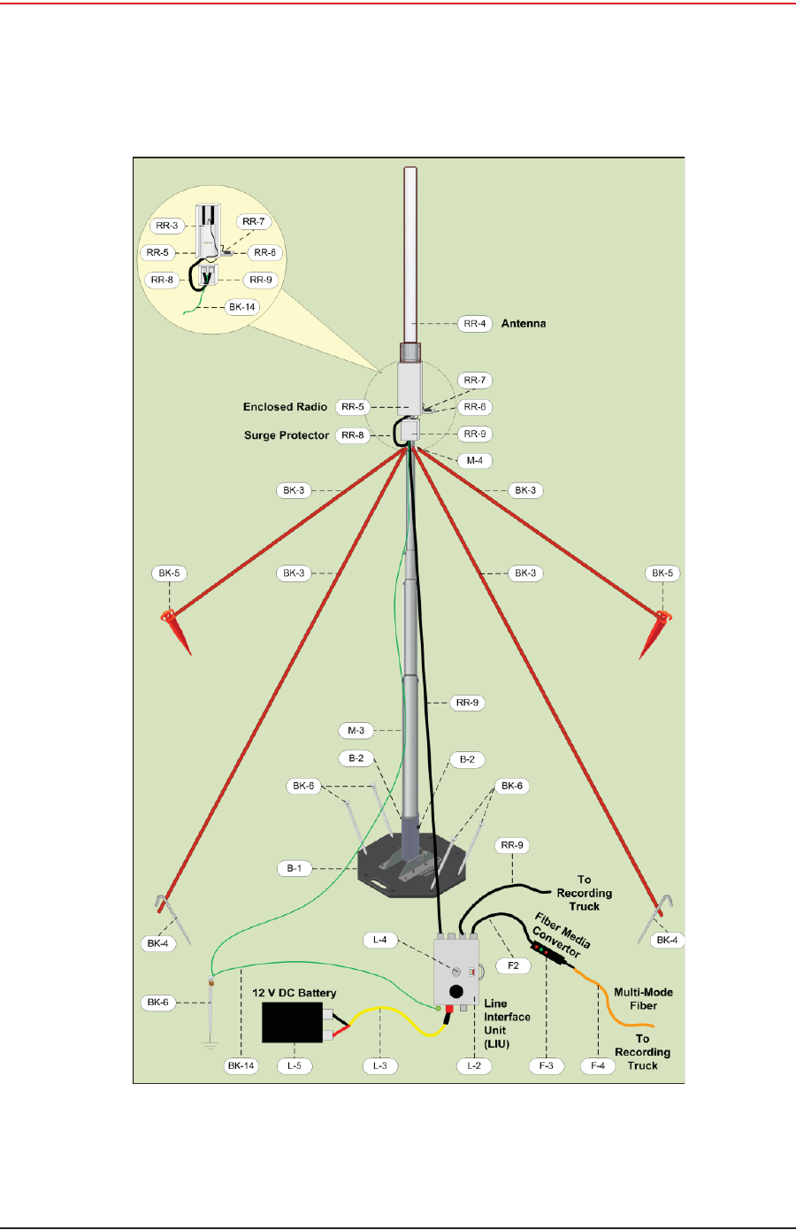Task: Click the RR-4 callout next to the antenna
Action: point(475,324)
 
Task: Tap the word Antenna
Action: point(524,324)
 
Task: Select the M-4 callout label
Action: point(475,460)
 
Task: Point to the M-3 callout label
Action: point(356,731)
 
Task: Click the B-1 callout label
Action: point(295,868)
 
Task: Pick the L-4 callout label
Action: point(380,940)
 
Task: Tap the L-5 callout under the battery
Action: point(295,1065)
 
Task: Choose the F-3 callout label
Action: point(547,1065)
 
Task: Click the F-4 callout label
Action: point(598,1065)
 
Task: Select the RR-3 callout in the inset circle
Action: point(167,226)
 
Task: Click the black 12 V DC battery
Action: point(292,1023)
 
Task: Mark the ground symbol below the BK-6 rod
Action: point(210,1045)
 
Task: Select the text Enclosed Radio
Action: point(285,407)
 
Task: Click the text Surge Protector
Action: point(286,435)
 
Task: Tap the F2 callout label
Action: point(513,965)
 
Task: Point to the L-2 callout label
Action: point(474,1065)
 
